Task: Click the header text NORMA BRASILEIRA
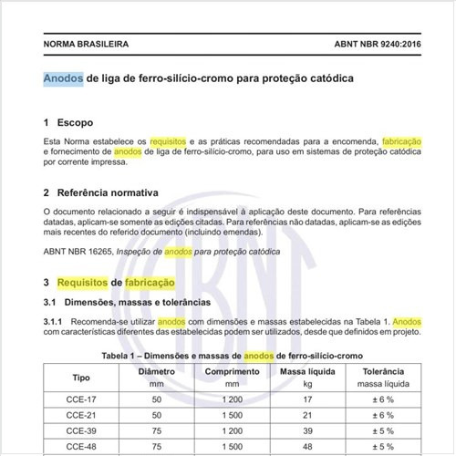[86, 44]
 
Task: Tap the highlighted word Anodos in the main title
[63, 78]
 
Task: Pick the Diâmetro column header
[156, 372]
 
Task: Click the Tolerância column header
[383, 372]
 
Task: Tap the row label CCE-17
[82, 399]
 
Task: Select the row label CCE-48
[82, 446]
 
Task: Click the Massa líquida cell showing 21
[307, 415]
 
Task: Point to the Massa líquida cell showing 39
[307, 430]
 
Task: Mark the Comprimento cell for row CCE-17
[231, 399]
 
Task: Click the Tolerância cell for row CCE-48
[383, 446]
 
